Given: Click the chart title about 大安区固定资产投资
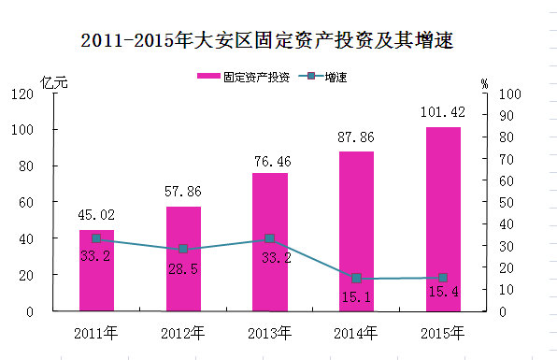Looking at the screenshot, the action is click(x=267, y=40).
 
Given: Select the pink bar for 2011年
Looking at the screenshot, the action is click(x=96, y=270).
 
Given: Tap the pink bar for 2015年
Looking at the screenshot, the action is click(x=443, y=219).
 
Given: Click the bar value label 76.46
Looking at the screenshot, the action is click(x=273, y=162).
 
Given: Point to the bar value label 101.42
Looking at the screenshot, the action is click(x=443, y=112).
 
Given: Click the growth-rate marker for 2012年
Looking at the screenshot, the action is click(x=183, y=249).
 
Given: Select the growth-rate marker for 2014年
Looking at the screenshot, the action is click(x=356, y=279).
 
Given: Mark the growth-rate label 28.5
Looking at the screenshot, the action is click(x=183, y=269).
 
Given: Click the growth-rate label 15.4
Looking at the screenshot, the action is click(x=444, y=292).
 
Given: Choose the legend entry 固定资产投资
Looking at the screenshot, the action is click(x=244, y=77).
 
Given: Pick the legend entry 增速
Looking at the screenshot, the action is click(x=322, y=77).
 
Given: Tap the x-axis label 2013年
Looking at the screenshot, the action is click(x=269, y=333).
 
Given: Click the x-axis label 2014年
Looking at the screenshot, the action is click(x=355, y=333).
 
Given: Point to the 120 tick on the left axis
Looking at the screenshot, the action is click(x=22, y=94).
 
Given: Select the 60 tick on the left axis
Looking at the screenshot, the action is click(x=26, y=203).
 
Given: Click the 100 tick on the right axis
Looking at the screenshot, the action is click(x=510, y=94).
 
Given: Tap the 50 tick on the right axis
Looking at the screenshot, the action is click(x=507, y=203).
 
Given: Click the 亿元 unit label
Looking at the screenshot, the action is click(x=54, y=83).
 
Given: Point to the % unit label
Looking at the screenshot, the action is click(x=484, y=84).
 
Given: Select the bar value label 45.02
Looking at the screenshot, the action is click(x=96, y=215).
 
